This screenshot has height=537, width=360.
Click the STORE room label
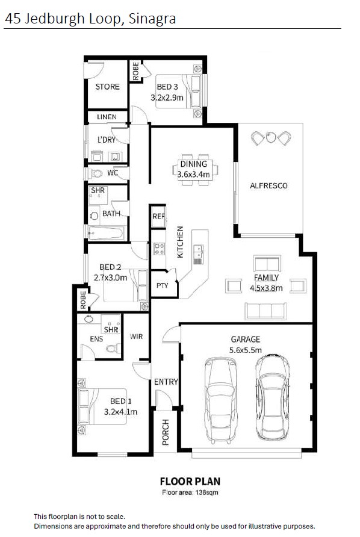(107, 87)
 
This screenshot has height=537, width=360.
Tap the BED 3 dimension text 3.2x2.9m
(167, 98)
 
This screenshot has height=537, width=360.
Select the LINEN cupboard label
(107, 117)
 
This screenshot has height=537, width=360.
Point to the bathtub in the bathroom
(106, 233)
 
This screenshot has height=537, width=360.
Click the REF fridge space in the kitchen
(158, 217)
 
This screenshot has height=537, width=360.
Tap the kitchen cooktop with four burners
(159, 249)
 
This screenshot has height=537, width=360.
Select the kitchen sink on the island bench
(198, 254)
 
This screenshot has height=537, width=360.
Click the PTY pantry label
(162, 285)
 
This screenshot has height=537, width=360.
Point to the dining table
(195, 170)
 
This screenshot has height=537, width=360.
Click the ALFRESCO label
(268, 185)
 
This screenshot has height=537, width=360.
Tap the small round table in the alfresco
(270, 137)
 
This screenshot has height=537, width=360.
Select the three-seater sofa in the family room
(265, 311)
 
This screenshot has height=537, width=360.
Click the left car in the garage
(220, 400)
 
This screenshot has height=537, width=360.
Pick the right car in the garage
(273, 397)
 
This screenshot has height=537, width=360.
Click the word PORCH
(166, 432)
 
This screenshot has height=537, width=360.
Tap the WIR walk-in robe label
(136, 337)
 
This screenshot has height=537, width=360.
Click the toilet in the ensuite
(113, 349)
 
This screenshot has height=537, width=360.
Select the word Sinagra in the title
(152, 19)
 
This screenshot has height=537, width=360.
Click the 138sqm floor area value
(206, 493)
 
